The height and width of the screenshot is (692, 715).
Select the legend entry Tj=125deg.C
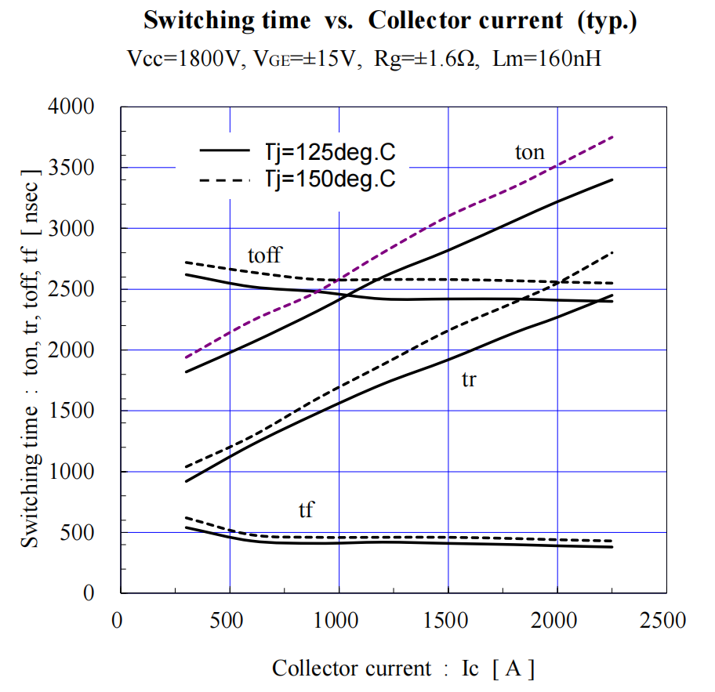(x=322, y=150)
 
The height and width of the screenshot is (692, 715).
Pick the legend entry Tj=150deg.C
(x=322, y=179)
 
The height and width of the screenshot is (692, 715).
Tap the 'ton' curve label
(x=529, y=152)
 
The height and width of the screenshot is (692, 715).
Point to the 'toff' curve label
(x=264, y=255)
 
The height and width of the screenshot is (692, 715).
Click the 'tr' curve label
(x=469, y=379)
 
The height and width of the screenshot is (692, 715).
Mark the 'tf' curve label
(x=306, y=510)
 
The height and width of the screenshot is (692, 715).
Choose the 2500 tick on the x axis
(x=666, y=621)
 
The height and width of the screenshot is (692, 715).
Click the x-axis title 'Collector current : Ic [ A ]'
(x=404, y=668)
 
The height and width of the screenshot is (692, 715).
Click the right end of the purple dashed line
(x=612, y=136)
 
